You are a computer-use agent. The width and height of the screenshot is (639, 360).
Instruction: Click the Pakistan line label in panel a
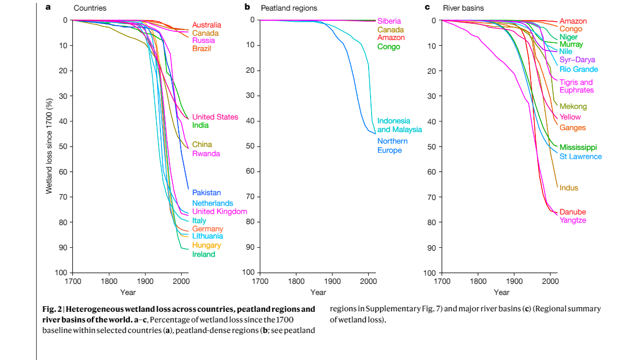pyautogui.click(x=206, y=193)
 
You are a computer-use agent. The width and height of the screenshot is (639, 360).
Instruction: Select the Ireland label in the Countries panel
pyautogui.click(x=203, y=254)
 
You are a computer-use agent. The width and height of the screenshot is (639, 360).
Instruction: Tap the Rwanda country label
pyautogui.click(x=206, y=154)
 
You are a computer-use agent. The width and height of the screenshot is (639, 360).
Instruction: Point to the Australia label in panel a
pyautogui.click(x=207, y=25)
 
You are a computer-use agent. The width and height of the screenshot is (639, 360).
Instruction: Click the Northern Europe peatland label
pyautogui.click(x=392, y=146)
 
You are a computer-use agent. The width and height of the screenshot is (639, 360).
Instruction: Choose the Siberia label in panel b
pyautogui.click(x=389, y=21)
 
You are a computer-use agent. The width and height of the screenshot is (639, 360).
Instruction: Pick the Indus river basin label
pyautogui.click(x=569, y=188)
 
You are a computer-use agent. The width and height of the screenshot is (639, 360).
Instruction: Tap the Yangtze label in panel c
pyautogui.click(x=572, y=220)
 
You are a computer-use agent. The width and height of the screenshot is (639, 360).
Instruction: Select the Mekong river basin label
pyautogui.click(x=573, y=107)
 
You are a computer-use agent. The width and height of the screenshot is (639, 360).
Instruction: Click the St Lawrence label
pyautogui.click(x=580, y=157)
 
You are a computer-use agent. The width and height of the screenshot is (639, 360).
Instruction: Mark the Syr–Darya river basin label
pyautogui.click(x=577, y=60)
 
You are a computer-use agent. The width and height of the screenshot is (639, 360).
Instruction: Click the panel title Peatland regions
pyautogui.click(x=289, y=8)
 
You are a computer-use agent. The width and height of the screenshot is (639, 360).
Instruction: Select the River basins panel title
pyautogui.click(x=463, y=8)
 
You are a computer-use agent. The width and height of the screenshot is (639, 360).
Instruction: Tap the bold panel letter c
pyautogui.click(x=427, y=8)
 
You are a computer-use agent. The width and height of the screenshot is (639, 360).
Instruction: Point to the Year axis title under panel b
pyautogui.click(x=318, y=292)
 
